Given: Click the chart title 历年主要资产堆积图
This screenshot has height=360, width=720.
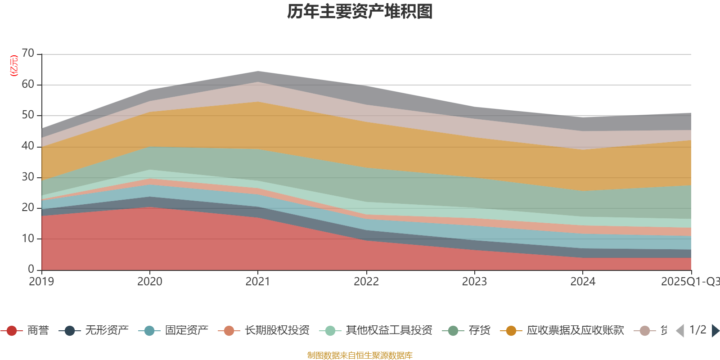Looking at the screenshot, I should click(360, 12).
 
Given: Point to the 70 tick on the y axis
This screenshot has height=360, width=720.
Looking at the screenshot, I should click(28, 54).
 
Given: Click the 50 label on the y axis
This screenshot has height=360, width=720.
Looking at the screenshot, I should click(28, 115).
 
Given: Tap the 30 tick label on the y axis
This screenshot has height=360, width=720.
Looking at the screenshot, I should click(28, 177).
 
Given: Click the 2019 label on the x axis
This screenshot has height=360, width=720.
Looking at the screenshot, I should click(41, 282).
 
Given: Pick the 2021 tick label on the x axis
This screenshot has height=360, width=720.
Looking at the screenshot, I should click(258, 282).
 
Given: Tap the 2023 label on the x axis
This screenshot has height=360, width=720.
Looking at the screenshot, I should click(474, 282).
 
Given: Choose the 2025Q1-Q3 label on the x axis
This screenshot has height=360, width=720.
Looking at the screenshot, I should click(689, 282).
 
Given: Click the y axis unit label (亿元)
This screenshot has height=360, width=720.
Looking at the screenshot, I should click(14, 66).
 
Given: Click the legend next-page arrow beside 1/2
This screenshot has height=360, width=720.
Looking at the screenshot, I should click(715, 331).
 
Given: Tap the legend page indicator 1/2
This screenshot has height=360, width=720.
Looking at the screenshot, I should click(697, 330).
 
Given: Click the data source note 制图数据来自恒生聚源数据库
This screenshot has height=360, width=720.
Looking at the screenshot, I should click(360, 355).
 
